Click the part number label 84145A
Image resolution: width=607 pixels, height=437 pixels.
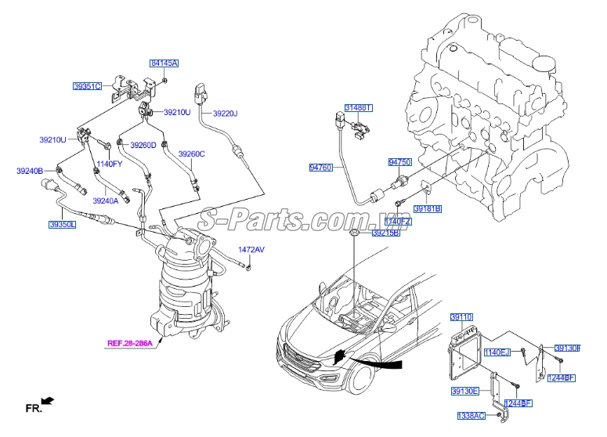point(164,63)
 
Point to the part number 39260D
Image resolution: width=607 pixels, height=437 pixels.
point(143,145)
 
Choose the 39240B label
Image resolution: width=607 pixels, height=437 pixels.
point(30,170)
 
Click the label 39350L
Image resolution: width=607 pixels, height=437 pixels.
point(62,224)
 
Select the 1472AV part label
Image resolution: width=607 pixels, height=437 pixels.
point(251,250)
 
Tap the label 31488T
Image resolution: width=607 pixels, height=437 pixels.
point(360,107)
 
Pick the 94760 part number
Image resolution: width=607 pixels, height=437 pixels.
point(321,168)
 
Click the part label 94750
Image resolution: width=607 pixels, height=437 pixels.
point(399,162)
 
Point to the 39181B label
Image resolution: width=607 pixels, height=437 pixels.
point(428,209)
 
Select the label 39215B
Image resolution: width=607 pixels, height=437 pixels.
point(385,233)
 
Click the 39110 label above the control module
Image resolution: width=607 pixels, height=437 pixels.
point(461,317)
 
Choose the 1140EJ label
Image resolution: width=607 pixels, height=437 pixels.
point(497,352)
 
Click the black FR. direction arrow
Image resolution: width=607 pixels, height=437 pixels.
point(48,401)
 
